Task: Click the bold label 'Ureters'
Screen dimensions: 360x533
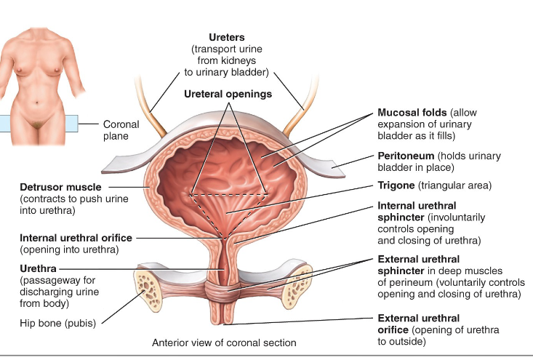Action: [x=227, y=36]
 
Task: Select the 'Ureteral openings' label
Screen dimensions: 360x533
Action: [x=228, y=94]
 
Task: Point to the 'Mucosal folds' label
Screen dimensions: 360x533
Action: [x=412, y=113]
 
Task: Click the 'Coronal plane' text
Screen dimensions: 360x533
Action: [x=121, y=130]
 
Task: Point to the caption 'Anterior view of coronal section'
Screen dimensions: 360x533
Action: [x=224, y=342]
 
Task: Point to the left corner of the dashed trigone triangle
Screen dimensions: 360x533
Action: [x=191, y=194]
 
